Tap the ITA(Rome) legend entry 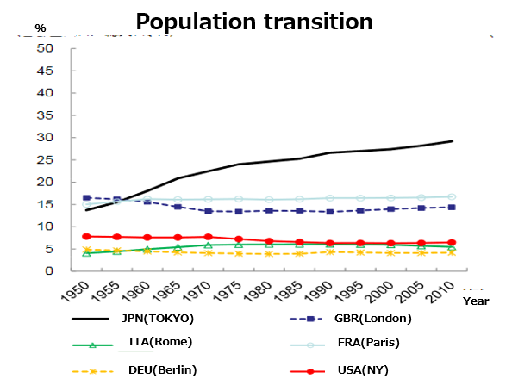[x=159, y=342]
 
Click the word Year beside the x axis [x=475, y=301]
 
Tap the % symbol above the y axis [x=40, y=28]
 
